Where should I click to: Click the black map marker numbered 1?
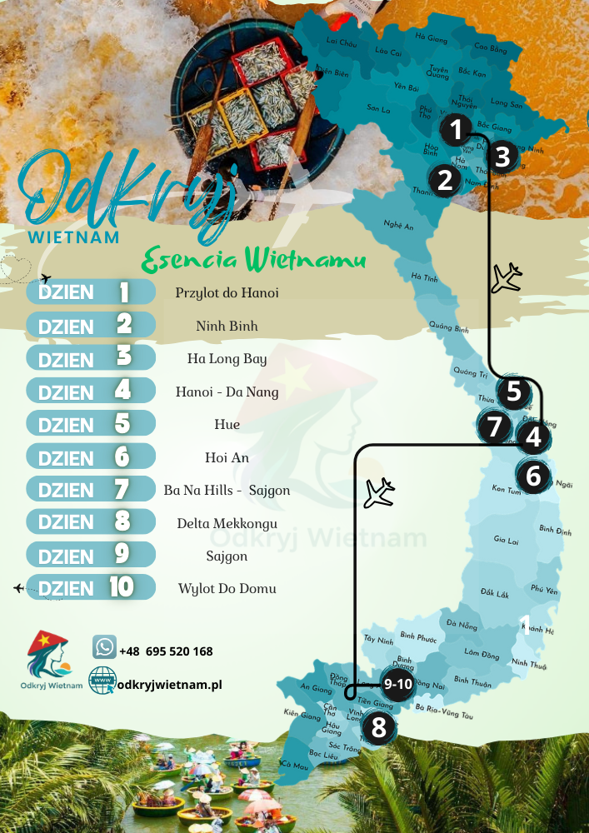455,130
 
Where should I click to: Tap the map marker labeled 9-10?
398,685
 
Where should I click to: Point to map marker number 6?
533,476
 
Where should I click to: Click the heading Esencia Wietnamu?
254,259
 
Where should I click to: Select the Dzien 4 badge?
91,392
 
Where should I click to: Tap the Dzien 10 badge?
91,588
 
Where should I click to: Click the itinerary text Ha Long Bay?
227,359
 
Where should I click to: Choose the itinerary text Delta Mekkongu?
227,523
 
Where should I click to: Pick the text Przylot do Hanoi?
227,293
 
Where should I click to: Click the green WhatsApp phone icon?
104,647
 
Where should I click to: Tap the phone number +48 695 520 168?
166,651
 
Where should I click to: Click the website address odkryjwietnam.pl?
170,685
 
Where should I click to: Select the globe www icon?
102,681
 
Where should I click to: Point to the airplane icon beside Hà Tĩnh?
506,278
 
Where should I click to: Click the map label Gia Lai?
506,541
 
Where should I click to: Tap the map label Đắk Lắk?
494,593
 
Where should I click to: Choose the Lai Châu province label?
342,42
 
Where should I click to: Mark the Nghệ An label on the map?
398,225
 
